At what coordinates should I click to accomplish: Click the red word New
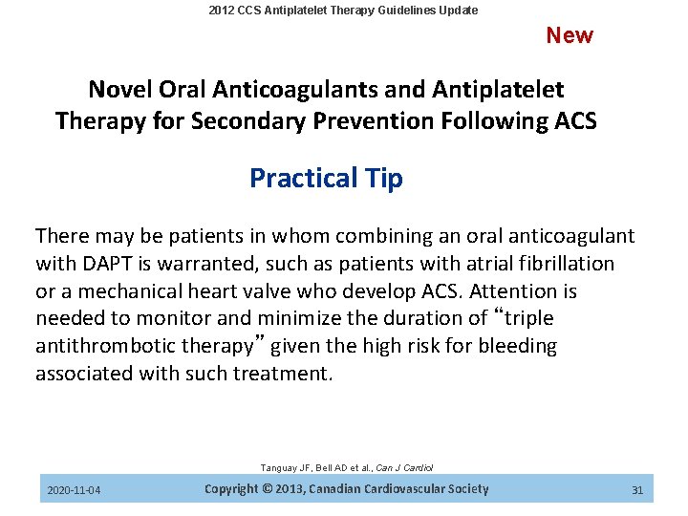point(570,35)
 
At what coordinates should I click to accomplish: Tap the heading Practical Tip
point(326,179)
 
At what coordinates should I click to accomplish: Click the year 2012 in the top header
point(222,11)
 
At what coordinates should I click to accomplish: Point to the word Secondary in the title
point(243,121)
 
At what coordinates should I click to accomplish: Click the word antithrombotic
point(104,346)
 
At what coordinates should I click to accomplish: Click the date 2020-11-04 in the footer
point(75,490)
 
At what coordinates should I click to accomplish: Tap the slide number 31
point(637,490)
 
